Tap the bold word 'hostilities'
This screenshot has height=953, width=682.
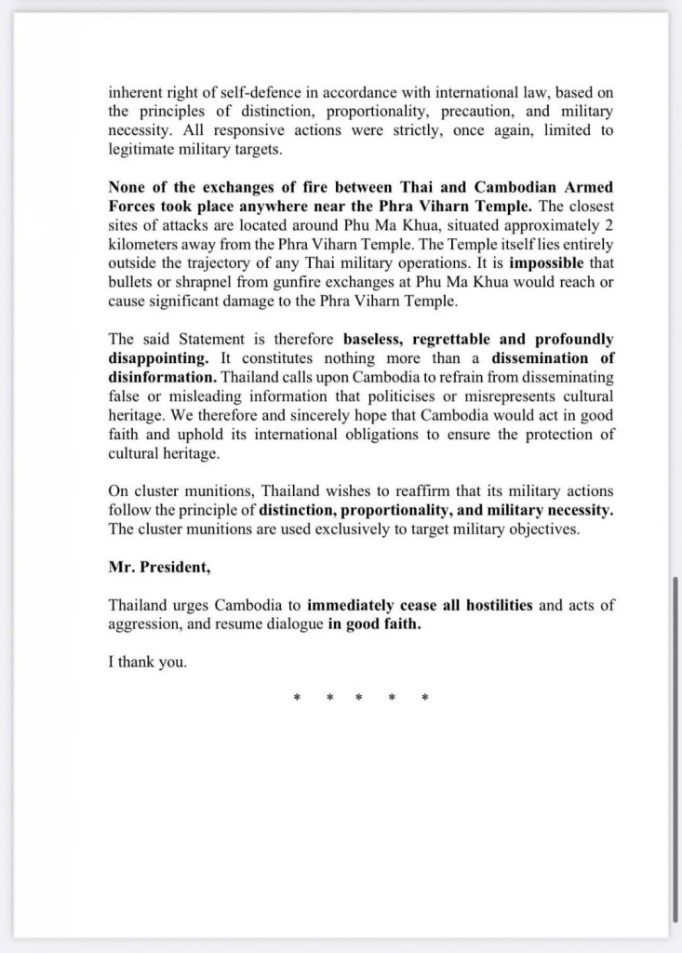point(491,605)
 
